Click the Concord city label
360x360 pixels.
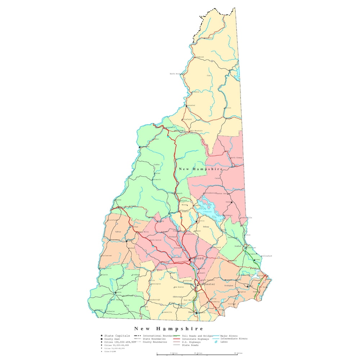(197, 258)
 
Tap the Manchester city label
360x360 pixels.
(206, 284)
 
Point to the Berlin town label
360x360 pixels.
(228, 108)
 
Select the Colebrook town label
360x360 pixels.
(199, 57)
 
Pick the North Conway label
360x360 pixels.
(237, 158)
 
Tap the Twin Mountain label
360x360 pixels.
(196, 131)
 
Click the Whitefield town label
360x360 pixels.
(187, 119)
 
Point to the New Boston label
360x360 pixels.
(179, 287)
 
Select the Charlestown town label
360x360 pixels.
(106, 256)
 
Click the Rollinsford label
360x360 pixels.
(266, 256)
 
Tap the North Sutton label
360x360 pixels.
(155, 240)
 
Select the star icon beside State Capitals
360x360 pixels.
(102, 336)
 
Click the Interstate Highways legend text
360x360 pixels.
(195, 339)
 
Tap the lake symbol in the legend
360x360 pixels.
(216, 342)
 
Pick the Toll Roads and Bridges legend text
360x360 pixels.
(198, 336)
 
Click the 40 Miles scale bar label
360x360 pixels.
(238, 353)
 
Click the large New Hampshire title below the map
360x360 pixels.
(169, 328)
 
